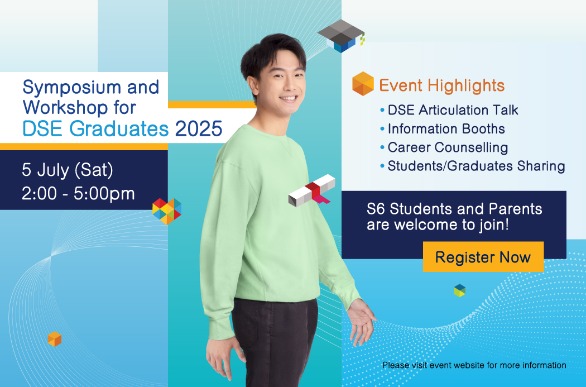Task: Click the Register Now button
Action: pos(483,257)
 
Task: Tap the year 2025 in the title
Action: pos(199,128)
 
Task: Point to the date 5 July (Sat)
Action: pos(68,170)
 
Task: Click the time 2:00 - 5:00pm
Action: pos(78,194)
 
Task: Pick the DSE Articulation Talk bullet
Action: pos(449,110)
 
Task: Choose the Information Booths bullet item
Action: pos(443,128)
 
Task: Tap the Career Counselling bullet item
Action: pos(444,147)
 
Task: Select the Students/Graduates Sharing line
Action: pos(472,166)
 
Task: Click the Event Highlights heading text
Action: pos(442,85)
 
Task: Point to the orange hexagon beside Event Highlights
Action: pos(363,84)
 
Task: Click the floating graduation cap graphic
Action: pos(341,36)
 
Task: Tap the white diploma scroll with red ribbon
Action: pos(311,190)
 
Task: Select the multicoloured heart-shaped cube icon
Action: pos(167,211)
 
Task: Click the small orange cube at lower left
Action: pos(55,339)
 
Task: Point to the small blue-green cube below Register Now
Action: pos(460,290)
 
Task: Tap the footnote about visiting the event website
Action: pos(474,365)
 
